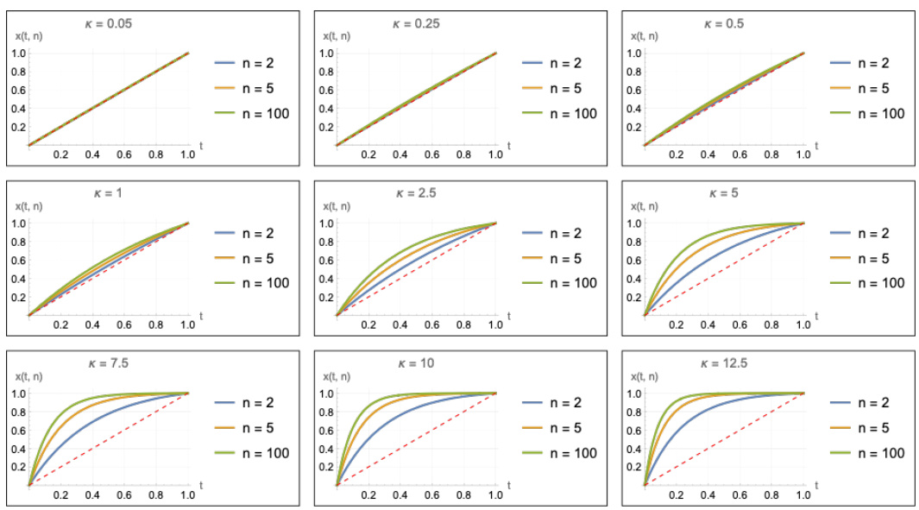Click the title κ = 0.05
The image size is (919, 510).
tap(110, 23)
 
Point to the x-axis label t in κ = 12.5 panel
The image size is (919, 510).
tap(815, 487)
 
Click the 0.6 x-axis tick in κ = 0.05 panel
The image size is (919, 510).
tap(124, 154)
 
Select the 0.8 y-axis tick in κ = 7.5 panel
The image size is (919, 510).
tap(16, 412)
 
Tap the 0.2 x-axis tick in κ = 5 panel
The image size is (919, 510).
tap(676, 324)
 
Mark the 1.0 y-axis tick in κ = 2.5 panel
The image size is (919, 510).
tap(324, 223)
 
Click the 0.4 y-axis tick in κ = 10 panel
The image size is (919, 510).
tap(324, 449)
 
